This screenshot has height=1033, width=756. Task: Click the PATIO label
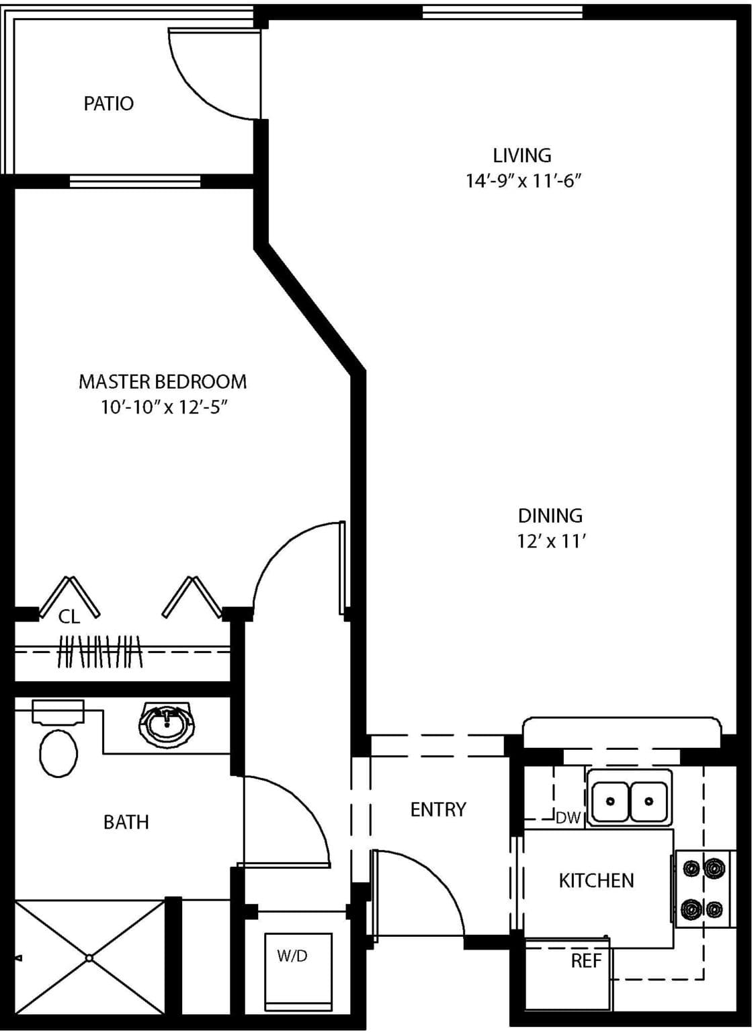click(109, 104)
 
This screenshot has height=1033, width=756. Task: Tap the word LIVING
click(522, 155)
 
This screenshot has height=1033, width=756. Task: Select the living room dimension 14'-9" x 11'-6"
click(522, 181)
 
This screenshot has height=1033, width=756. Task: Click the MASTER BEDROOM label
click(163, 382)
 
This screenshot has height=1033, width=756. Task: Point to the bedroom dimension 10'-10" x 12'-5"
click(165, 407)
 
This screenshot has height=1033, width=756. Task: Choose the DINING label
click(550, 516)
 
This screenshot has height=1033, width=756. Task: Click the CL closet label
click(69, 617)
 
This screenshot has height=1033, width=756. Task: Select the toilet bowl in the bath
click(58, 754)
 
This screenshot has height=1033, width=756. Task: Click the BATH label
click(126, 822)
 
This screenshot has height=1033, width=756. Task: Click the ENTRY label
click(438, 809)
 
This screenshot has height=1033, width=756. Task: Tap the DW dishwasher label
click(568, 818)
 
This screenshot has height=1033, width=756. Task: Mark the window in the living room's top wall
click(503, 13)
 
